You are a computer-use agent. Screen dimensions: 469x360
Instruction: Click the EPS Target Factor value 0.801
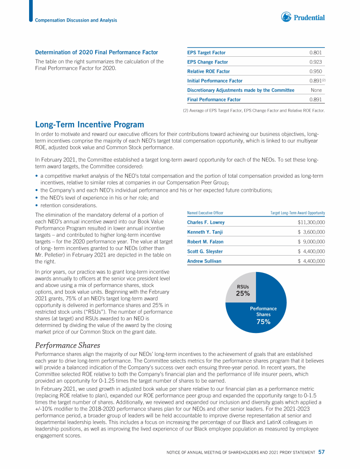[x=315, y=53]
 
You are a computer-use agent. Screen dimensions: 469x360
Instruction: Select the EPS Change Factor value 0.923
[x=315, y=62]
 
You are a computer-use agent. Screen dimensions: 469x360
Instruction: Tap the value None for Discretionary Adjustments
[x=316, y=90]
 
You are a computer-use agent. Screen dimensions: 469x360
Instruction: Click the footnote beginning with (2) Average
[x=253, y=111]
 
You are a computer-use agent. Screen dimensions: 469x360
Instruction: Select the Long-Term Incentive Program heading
[x=90, y=124]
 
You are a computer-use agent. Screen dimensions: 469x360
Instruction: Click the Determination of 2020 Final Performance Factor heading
[x=97, y=52]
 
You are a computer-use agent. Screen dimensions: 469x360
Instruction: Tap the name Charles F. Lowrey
[x=206, y=222]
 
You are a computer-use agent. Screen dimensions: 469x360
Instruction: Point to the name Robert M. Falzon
[x=205, y=242]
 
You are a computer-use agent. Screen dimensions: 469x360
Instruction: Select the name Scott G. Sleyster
[x=205, y=251]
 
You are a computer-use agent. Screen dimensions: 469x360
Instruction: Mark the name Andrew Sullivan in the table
[x=204, y=261]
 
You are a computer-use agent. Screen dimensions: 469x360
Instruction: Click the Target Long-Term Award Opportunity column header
[x=298, y=212]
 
